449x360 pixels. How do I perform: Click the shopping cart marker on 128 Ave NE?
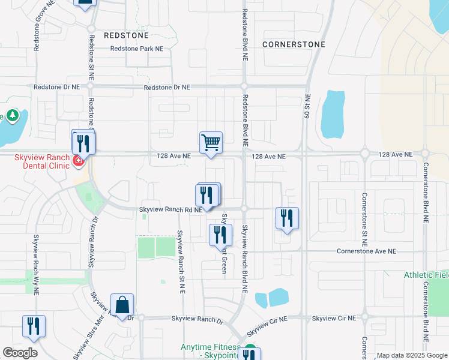211,143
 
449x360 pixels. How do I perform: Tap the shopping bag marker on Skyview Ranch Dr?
122,305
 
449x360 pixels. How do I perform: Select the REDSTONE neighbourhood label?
126,35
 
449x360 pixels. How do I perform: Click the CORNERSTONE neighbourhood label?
294,44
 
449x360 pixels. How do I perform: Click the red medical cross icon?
77,161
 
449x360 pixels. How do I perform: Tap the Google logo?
20,353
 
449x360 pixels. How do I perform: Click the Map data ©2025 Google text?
412,355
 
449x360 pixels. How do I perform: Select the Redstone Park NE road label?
137,49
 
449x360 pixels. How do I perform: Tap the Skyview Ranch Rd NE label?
171,209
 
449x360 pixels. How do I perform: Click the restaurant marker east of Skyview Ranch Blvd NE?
287,218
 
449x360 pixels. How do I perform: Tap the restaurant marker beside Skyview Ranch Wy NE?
34,326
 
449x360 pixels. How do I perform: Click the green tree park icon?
12,116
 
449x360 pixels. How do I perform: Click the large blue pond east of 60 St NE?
333,114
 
